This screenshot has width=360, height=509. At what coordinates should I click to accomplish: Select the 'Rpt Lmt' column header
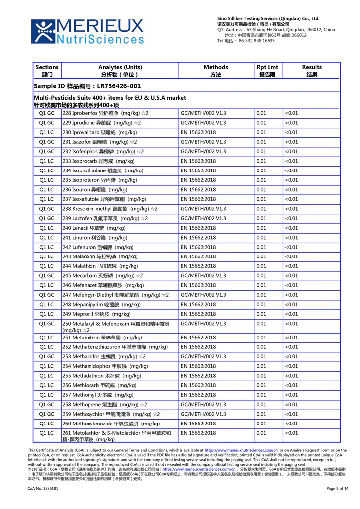[x=267, y=71]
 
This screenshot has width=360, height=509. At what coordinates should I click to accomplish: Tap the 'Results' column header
[x=312, y=71]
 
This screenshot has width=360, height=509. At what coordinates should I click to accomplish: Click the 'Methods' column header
[x=216, y=71]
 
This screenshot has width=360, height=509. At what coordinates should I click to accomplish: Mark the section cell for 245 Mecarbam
[x=47, y=276]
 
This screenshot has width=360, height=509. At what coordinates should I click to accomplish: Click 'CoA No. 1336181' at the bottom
[x=43, y=489]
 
